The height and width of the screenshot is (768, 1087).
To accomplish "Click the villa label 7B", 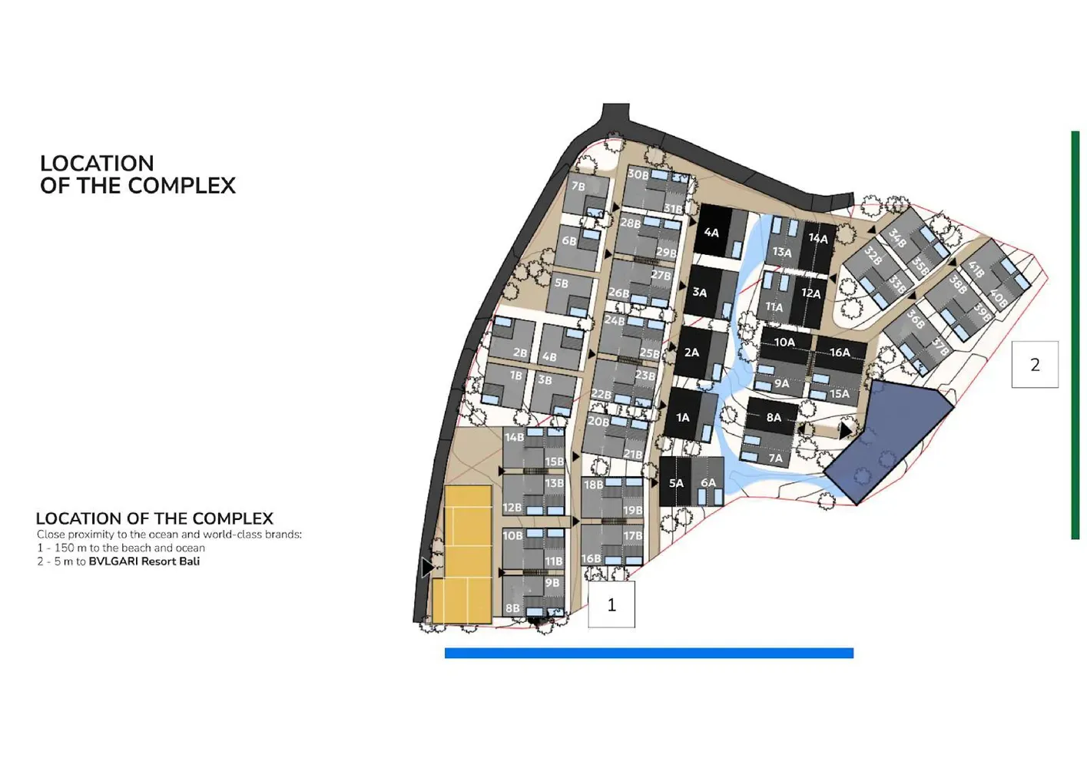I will pos(578,187).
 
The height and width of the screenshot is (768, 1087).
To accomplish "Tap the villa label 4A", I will pos(711,233).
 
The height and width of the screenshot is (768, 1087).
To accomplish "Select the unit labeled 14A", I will pos(818,239).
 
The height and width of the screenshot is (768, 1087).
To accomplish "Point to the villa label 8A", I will pos(774,418).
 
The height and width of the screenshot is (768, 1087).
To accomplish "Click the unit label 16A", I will pos(840,353).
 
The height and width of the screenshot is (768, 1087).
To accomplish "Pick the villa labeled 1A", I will pos(683,418).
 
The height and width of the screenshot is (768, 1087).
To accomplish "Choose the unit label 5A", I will pos(676,483).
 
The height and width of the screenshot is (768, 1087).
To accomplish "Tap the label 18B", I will pos(593,485).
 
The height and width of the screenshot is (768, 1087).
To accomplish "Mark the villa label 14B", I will pos(514,438).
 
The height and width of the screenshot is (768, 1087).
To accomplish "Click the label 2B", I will pos(520,353).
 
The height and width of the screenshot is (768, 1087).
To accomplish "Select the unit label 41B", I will pos(976,269).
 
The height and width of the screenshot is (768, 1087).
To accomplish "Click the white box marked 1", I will pos(611,605).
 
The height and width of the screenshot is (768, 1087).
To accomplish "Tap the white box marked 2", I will pos(1035,365).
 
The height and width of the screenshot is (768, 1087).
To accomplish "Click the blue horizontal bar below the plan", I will pos(648,654).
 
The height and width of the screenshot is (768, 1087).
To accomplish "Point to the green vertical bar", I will pos(1075,335).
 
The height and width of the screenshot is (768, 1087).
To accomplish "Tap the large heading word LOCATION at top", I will pos(97,164).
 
